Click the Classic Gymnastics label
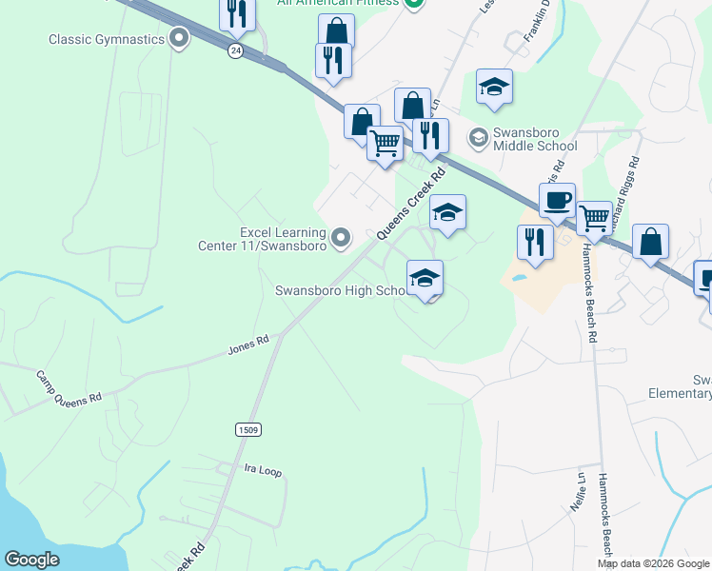107,39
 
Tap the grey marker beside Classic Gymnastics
178,39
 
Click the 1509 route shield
247,430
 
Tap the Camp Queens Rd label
69,385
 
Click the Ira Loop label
263,470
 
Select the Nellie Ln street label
576,491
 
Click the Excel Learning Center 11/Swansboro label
283,238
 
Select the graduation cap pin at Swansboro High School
425,277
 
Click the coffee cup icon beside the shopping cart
557,201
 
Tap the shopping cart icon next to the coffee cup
595,218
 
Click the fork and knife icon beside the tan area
536,242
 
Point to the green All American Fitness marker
414,3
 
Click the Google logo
31,560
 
